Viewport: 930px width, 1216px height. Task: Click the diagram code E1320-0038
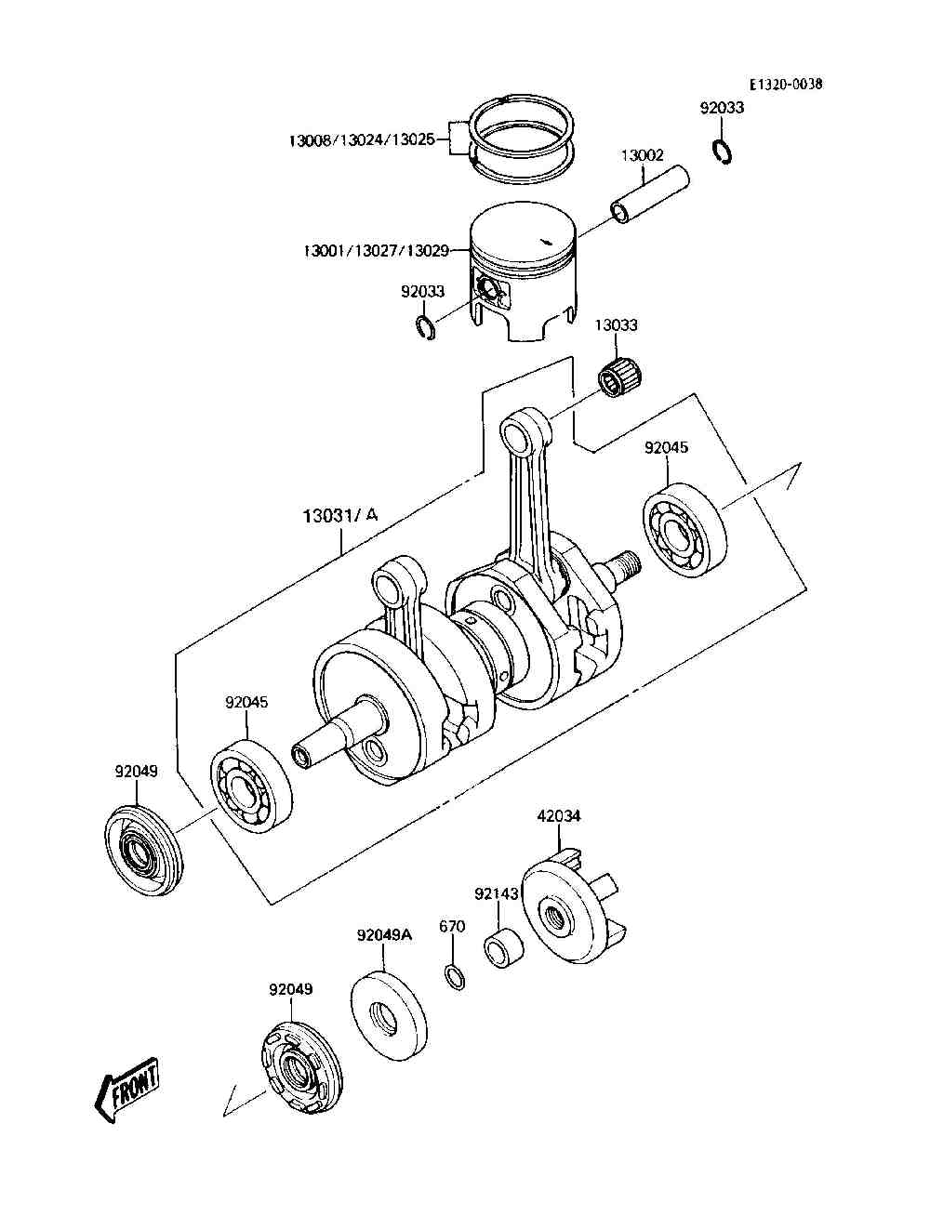pyautogui.click(x=785, y=85)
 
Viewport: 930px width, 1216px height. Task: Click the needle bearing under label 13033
pyautogui.click(x=619, y=377)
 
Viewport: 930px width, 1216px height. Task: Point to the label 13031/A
pyautogui.click(x=339, y=516)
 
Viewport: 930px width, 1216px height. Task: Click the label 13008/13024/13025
pyautogui.click(x=362, y=140)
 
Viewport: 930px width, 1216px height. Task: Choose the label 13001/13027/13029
pyautogui.click(x=377, y=251)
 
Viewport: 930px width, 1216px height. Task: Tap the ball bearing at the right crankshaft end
pyautogui.click(x=685, y=529)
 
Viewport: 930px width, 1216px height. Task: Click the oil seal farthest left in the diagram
pyautogui.click(x=143, y=851)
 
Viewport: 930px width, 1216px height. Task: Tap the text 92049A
pyautogui.click(x=385, y=935)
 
